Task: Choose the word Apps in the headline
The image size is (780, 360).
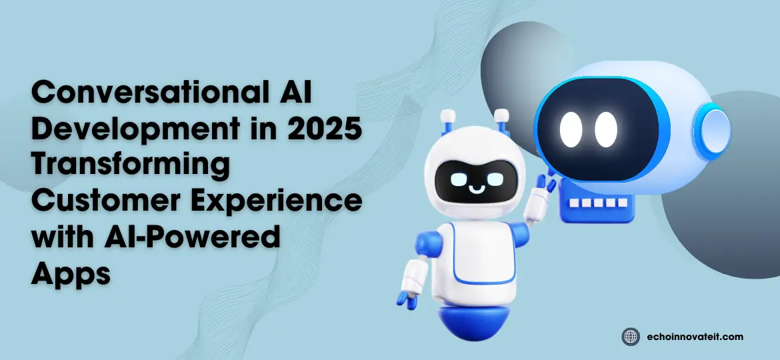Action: point(70,272)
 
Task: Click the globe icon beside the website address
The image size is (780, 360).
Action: point(631,336)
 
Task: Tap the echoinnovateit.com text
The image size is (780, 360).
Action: point(695,337)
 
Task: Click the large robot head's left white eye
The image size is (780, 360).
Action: point(570,129)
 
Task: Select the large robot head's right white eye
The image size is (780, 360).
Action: point(605,129)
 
